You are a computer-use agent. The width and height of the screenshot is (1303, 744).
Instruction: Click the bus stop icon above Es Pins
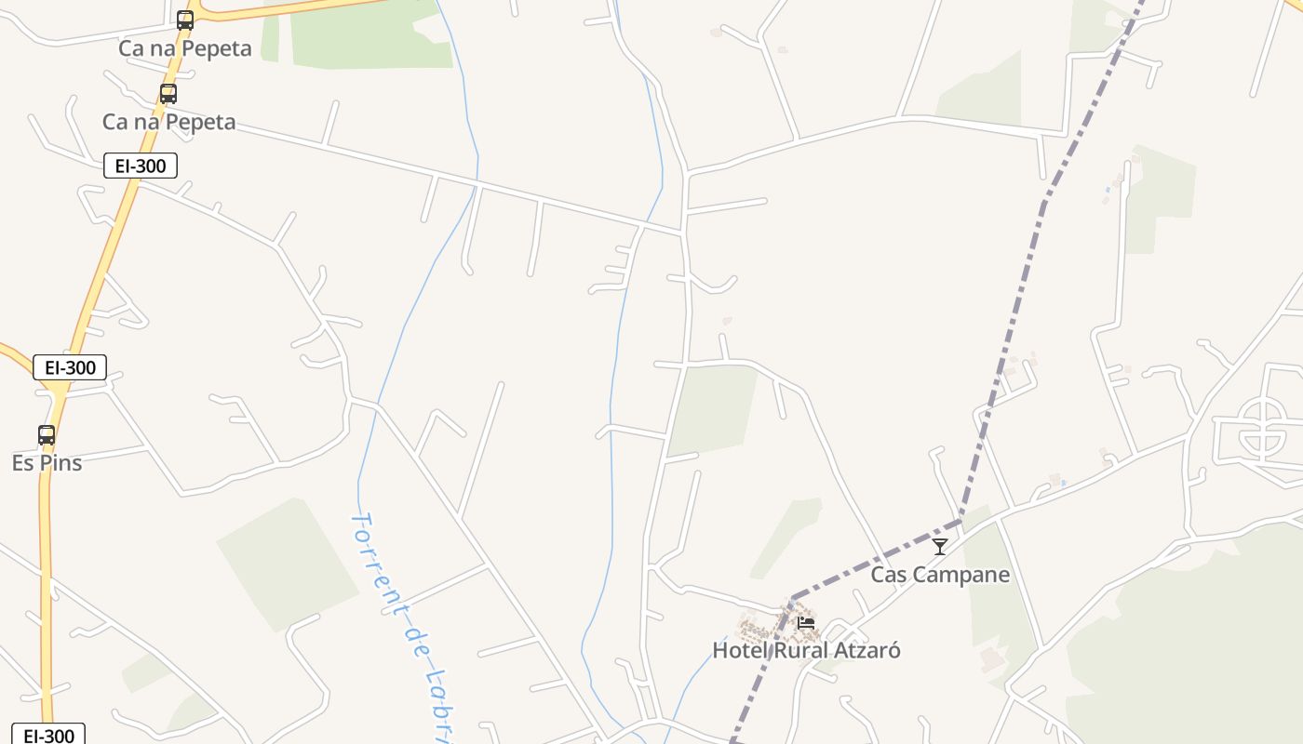(47, 434)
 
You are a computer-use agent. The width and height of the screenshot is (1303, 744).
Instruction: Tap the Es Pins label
(47, 463)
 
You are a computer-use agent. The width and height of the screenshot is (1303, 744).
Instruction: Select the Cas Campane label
(940, 575)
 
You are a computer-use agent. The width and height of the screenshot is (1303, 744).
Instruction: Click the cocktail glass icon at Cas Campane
(940, 547)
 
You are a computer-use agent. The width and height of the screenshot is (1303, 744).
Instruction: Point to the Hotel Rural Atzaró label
(806, 650)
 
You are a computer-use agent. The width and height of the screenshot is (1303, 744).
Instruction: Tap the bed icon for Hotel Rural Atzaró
(806, 622)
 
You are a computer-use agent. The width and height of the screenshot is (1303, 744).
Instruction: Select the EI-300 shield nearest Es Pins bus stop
(70, 367)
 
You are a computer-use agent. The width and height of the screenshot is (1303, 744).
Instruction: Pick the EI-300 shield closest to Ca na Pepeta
(140, 166)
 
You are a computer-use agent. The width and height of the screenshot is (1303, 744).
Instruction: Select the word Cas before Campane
(889, 575)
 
